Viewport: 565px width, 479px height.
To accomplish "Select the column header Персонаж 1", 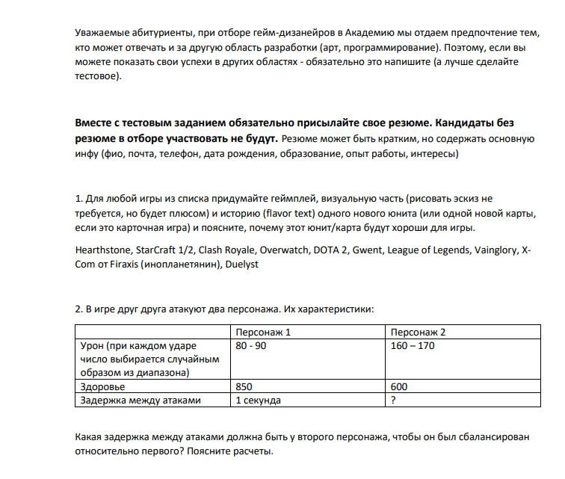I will coord(262,332).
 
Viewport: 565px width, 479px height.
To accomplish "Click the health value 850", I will coord(244,387).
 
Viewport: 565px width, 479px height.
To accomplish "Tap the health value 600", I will coord(400,387).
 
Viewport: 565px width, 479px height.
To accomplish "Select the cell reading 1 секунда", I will coord(258,401).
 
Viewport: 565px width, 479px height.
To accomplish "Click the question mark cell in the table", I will coord(394,401).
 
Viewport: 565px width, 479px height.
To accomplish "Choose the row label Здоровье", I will coord(102,387).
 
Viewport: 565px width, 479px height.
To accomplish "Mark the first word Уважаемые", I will coord(104,34).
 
